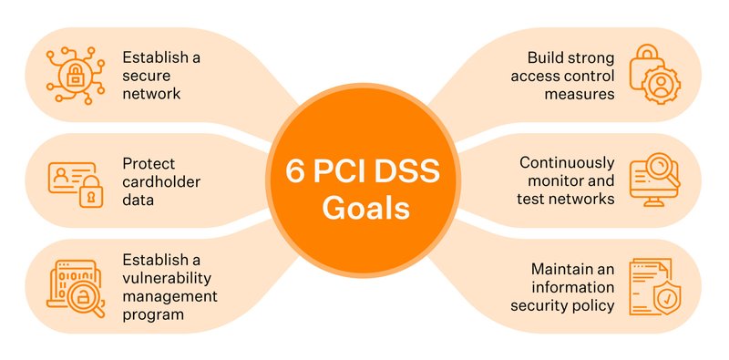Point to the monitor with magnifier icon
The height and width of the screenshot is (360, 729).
pos(655,178)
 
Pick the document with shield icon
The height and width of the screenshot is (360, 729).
pos(653,286)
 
